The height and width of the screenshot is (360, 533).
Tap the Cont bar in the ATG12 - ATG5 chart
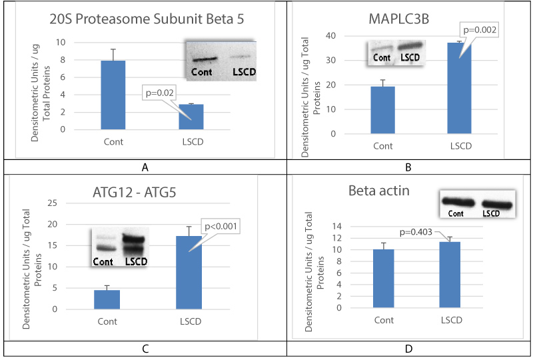(106, 299)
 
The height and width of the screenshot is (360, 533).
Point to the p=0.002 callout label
(480, 30)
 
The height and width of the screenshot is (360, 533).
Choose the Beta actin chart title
(378, 191)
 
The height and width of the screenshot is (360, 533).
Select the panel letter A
(142, 167)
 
